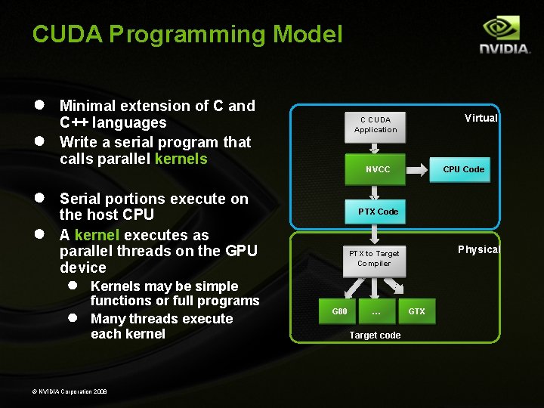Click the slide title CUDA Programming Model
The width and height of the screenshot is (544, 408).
[x=187, y=34]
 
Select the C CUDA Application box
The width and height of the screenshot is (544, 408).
[x=376, y=125]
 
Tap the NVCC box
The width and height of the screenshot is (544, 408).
[x=378, y=169]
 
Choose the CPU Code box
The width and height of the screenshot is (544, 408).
[x=463, y=169]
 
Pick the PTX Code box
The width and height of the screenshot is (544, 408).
[x=378, y=212]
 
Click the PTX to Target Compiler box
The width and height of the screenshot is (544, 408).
[x=374, y=258]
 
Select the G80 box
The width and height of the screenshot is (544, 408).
[x=340, y=311]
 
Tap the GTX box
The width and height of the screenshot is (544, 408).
[x=416, y=311]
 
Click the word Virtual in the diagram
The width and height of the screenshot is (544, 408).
[x=481, y=118]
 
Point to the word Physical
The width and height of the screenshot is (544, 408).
[x=479, y=249]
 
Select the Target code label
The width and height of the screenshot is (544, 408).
[x=375, y=335]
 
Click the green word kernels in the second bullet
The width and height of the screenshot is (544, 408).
[x=181, y=159]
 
